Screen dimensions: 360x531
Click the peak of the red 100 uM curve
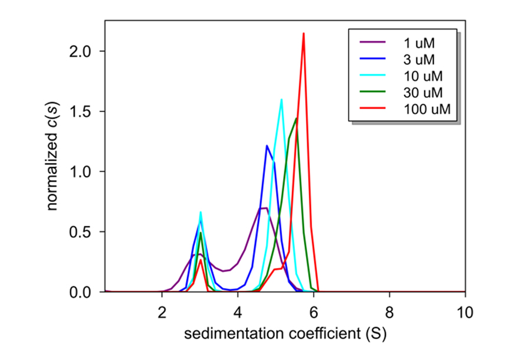(303, 34)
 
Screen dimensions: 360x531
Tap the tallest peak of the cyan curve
(281, 99)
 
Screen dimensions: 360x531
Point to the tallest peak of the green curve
(296, 119)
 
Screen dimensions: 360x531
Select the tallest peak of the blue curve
(267, 146)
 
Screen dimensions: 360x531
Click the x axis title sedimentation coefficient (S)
(285, 334)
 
